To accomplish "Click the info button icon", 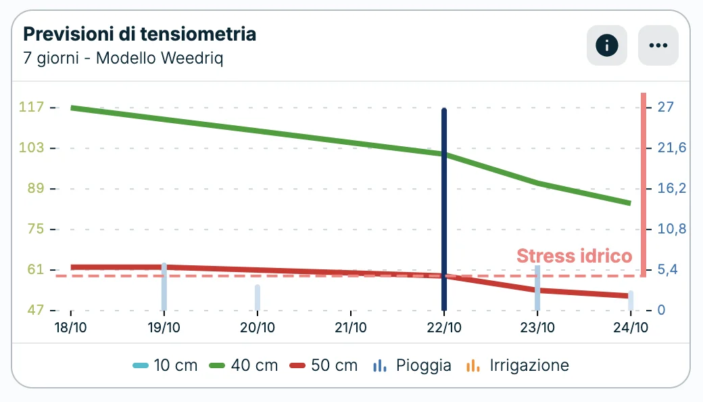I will (606, 45).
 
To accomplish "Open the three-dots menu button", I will (658, 45).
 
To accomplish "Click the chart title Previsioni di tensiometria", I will (140, 34).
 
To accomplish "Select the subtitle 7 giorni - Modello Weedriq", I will (123, 58).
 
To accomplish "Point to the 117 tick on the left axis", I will (31, 107).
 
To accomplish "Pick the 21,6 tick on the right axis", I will (671, 148).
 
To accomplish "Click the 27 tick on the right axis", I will (666, 107).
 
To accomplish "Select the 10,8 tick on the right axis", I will (671, 229).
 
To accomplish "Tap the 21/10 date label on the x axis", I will (351, 328).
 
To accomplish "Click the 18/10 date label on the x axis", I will (71, 328).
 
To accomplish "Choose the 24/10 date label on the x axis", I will (630, 328).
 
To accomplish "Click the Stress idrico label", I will (574, 256).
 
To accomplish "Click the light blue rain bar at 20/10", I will (258, 298).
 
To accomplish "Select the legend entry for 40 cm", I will (244, 365).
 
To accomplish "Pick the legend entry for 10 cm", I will (166, 365).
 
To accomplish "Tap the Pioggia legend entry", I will (412, 365).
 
